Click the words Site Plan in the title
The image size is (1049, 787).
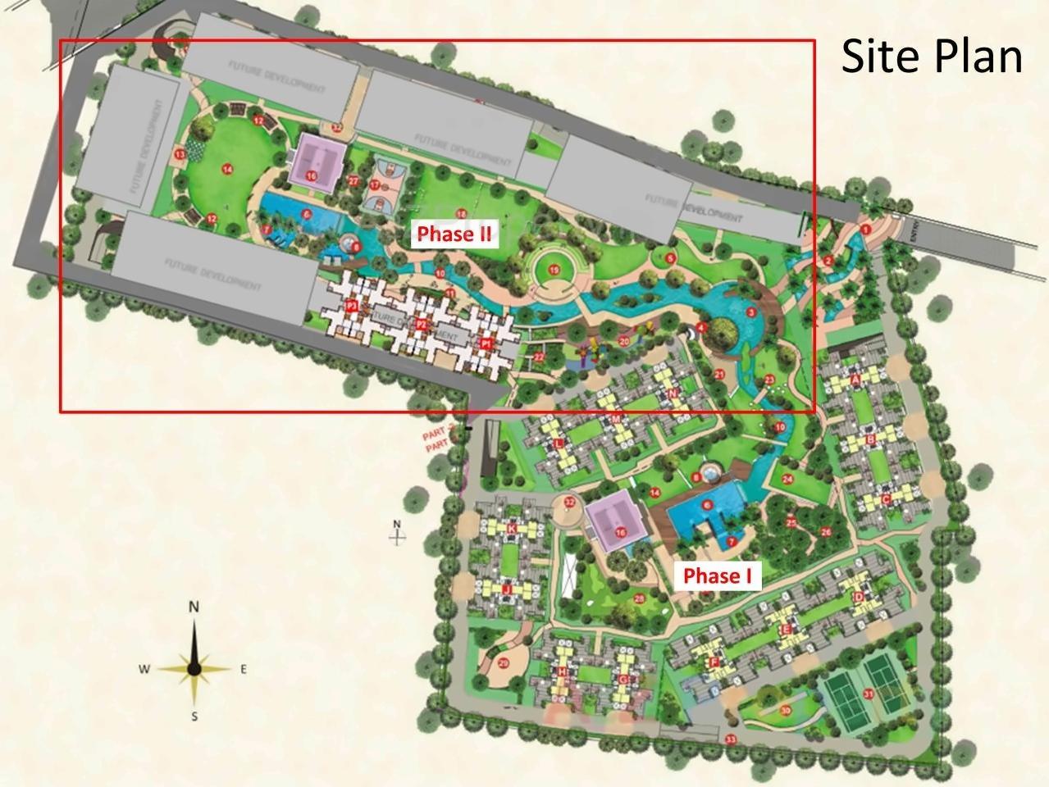[x=932, y=57]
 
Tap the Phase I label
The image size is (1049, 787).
[x=718, y=575]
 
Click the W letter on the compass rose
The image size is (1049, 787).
[x=144, y=669]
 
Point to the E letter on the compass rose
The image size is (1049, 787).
[x=244, y=669]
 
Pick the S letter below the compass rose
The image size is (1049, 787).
[x=194, y=716]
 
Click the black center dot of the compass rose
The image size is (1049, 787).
[x=194, y=669]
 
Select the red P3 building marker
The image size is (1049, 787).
[x=352, y=306]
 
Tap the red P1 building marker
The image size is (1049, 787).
[x=486, y=344]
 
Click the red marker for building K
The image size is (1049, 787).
[x=512, y=530]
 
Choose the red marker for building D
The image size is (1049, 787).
[x=858, y=597]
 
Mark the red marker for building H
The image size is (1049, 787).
[x=562, y=671]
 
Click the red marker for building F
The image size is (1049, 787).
[x=714, y=662]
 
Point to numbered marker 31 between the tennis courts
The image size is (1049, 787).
[x=868, y=694]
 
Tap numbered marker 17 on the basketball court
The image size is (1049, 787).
[x=375, y=185]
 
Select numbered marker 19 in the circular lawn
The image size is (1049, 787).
[x=554, y=270]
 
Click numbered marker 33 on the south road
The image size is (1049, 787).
[x=730, y=740]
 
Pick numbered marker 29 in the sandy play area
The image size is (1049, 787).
[x=503, y=663]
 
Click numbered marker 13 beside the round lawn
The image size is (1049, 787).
[x=179, y=153]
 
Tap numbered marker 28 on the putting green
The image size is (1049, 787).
[x=639, y=598]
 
